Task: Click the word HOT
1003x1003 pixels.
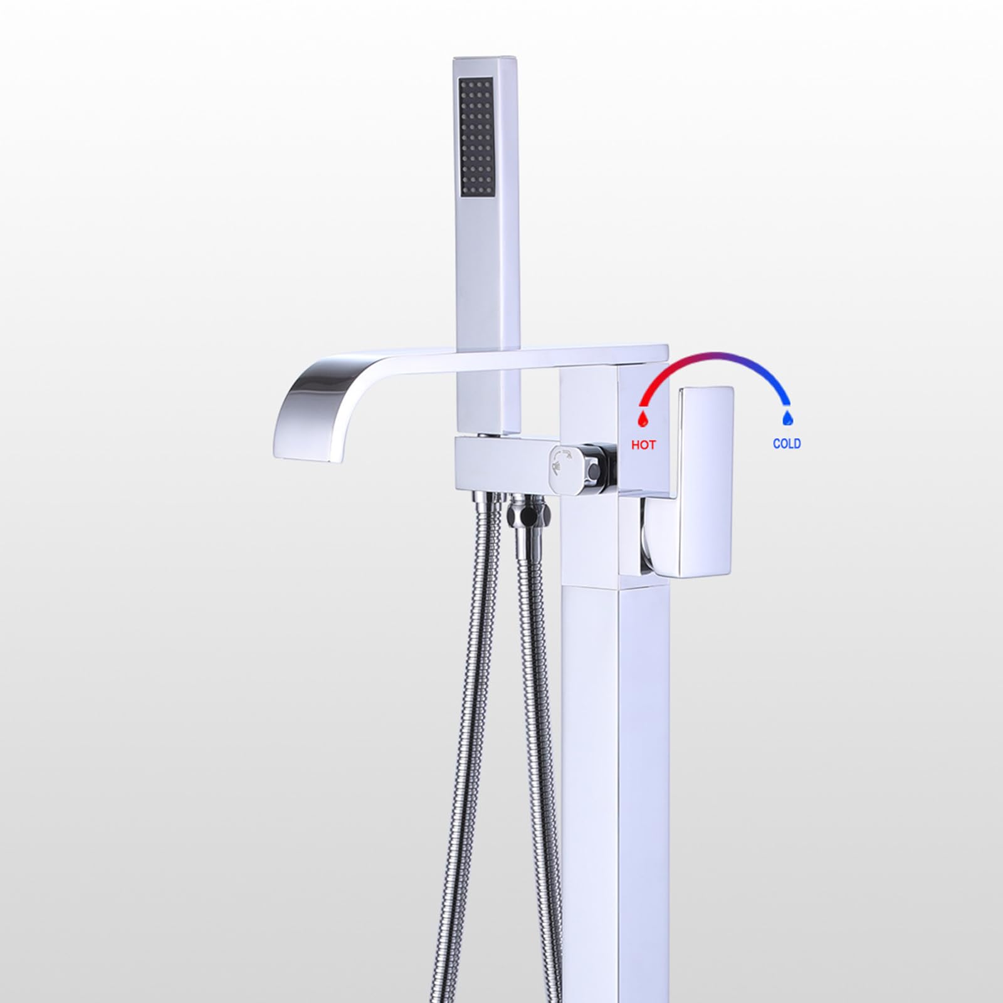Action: (x=643, y=445)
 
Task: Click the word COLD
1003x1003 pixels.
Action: (x=787, y=444)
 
